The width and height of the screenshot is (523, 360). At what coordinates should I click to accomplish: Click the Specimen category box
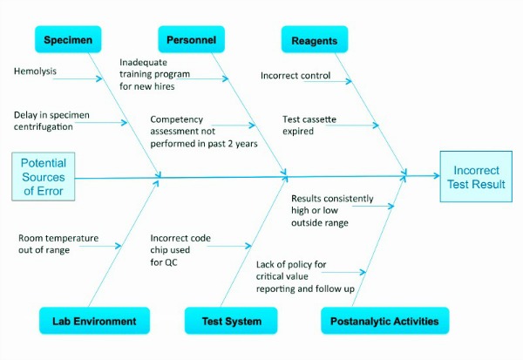pos(68,39)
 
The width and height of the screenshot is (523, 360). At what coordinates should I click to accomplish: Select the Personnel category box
pos(191,39)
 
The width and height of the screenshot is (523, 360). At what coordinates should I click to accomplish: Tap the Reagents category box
pos(315,39)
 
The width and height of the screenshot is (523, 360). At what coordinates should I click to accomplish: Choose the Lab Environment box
pos(94,321)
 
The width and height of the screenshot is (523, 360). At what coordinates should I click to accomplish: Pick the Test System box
pos(231,321)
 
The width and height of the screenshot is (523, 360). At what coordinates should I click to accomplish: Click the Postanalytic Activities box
pos(385,321)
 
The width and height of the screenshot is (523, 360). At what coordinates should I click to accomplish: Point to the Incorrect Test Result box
pos(476,176)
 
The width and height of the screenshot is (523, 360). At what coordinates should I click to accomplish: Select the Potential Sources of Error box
pos(44,176)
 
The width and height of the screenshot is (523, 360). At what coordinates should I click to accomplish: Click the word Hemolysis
pos(35,71)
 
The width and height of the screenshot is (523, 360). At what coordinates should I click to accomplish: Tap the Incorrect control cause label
pos(295,76)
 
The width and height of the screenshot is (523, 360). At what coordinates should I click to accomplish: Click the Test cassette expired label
pos(309,126)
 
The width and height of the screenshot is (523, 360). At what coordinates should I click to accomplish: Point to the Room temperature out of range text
pos(58,244)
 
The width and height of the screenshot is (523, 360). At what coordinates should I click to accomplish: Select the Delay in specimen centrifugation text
pos(51,121)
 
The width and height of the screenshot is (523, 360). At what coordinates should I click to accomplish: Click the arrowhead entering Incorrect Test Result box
pos(437,175)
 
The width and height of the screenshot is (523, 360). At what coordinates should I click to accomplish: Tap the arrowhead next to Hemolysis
pos(99,78)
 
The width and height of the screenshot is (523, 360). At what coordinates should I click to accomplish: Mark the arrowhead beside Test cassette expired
pos(376,126)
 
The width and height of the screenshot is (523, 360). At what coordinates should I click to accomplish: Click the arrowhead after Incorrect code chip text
pos(248,246)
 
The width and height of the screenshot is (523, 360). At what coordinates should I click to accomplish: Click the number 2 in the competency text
pos(230,144)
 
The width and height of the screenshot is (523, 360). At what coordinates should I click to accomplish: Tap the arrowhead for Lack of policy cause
pos(363,272)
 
